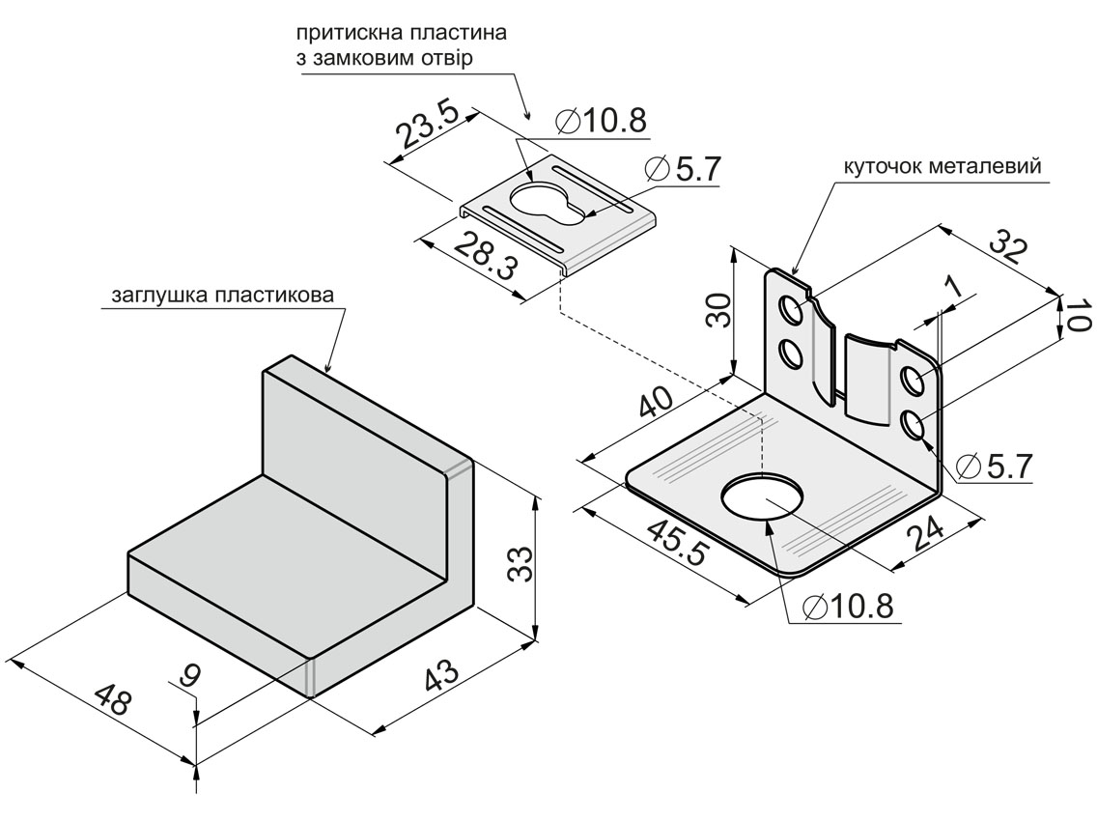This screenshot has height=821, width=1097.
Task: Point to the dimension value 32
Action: tap(1008, 246)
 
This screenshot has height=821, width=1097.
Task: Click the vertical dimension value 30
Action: tap(718, 311)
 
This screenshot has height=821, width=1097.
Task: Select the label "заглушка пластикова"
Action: tap(221, 294)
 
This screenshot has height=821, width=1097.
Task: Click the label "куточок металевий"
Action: tap(942, 166)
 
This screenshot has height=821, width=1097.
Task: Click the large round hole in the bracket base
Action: tap(764, 496)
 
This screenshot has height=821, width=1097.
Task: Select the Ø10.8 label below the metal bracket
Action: tap(847, 607)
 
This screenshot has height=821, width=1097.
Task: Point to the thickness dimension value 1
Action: tap(954, 286)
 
